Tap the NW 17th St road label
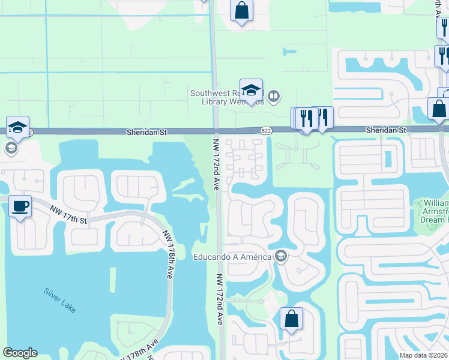[x=69, y=215]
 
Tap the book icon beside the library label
[x=274, y=95]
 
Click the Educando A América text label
[x=233, y=257]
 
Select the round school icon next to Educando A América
[x=280, y=257]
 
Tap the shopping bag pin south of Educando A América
[x=291, y=320]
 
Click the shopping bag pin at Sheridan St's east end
[x=439, y=110]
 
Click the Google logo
[x=20, y=353]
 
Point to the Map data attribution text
[x=424, y=355]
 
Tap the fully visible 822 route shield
[x=265, y=130]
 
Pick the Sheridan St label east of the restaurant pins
[x=386, y=130]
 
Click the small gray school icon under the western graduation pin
[x=11, y=148]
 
